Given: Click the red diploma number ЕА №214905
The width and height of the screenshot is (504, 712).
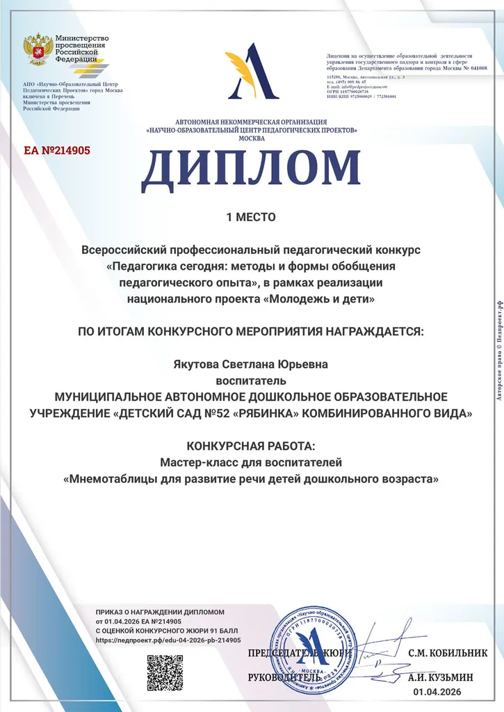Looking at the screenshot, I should pyautogui.click(x=57, y=149).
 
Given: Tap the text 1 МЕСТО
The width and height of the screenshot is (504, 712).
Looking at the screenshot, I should pyautogui.click(x=251, y=217).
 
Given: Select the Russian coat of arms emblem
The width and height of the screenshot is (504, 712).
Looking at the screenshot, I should pyautogui.click(x=38, y=49).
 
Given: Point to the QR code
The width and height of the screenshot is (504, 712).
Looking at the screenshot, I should pyautogui.click(x=165, y=672).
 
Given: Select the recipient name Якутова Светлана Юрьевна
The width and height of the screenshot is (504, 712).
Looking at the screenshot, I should pyautogui.click(x=251, y=364).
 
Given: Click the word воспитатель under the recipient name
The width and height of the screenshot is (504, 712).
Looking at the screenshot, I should pyautogui.click(x=251, y=380).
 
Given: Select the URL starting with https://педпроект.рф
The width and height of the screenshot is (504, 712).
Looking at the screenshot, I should pyautogui.click(x=168, y=640).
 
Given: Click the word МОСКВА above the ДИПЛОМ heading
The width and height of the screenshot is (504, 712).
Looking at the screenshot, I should pyautogui.click(x=251, y=138).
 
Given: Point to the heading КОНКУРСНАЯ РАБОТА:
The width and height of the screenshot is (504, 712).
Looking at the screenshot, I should pyautogui.click(x=251, y=446).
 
